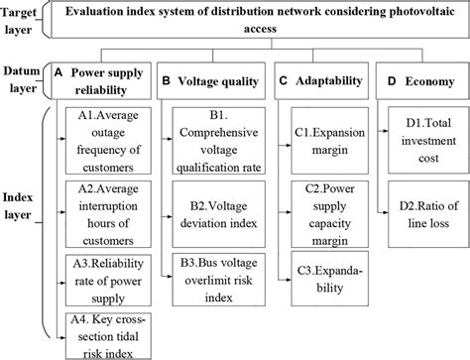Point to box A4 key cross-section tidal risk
[105, 329]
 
